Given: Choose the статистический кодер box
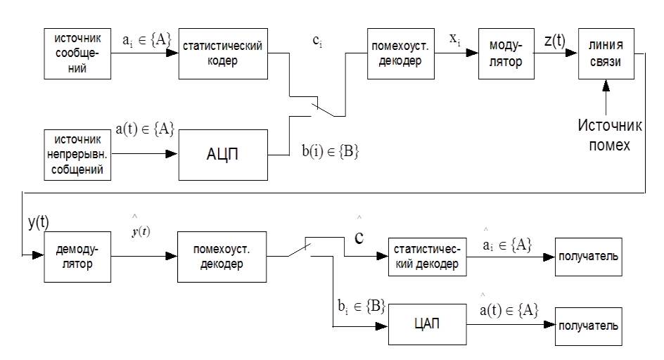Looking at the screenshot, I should [222, 54].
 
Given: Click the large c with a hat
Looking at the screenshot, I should [359, 236].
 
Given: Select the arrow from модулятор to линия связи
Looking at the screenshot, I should [556, 53].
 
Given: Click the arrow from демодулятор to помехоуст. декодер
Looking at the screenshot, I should [137, 257].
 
